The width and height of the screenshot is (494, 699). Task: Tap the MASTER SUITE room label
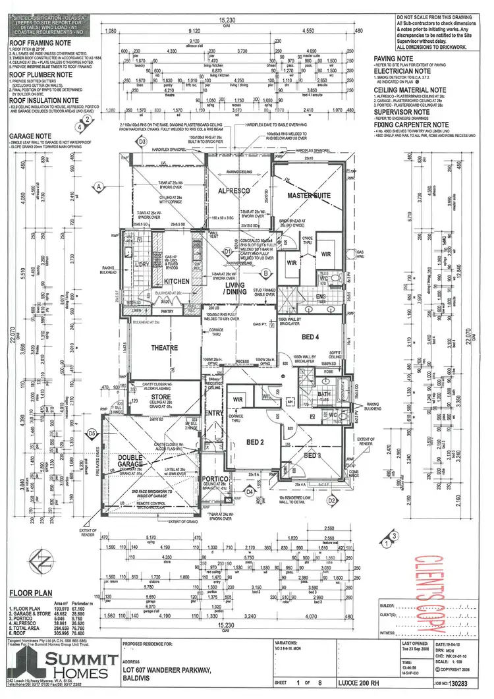(308, 196)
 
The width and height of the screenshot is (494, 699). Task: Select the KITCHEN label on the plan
(177, 281)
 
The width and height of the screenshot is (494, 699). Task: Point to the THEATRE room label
(165, 348)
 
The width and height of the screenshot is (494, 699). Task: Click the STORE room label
(161, 397)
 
